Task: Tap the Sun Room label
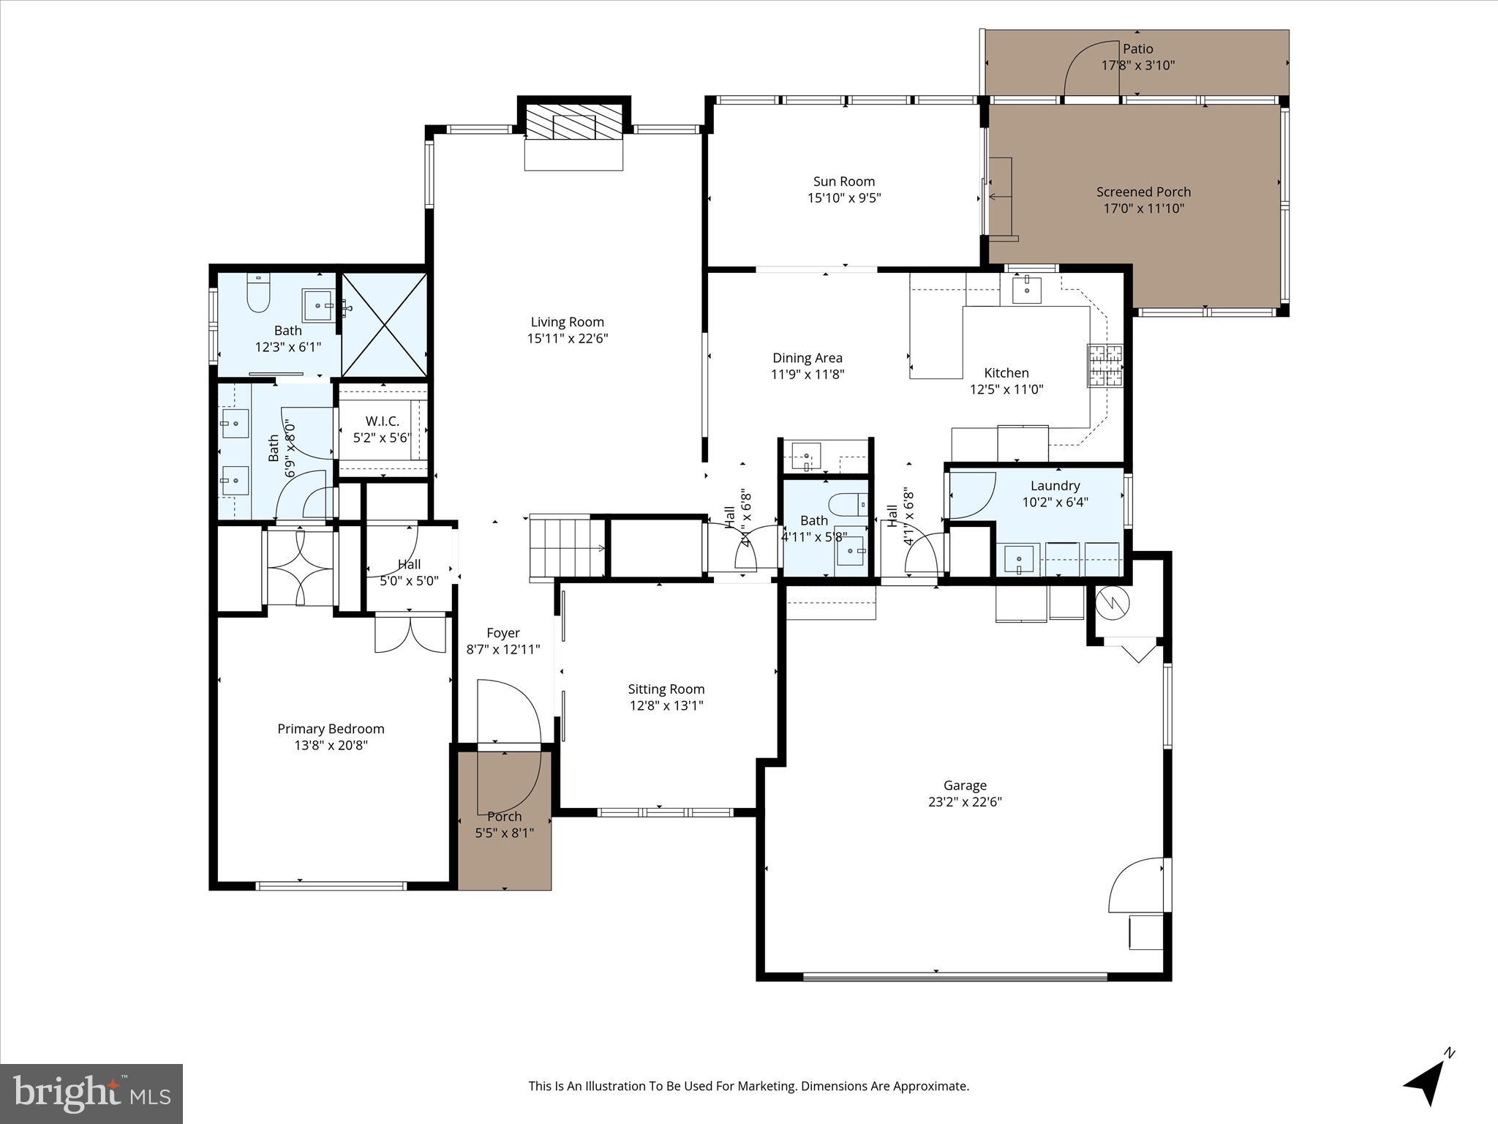[x=843, y=181]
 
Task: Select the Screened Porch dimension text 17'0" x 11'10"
[x=1143, y=209]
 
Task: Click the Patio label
[x=1137, y=49]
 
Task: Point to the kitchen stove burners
[x=1104, y=365]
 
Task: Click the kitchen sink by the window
[x=1028, y=289]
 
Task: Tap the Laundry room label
[x=1055, y=486]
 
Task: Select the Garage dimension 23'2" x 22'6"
[x=965, y=802]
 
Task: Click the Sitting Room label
[x=666, y=689]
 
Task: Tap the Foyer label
[x=503, y=633]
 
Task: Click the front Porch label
[x=504, y=817]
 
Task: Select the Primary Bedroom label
[x=331, y=729]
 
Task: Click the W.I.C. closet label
[x=382, y=421]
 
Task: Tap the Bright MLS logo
[x=91, y=1093]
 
